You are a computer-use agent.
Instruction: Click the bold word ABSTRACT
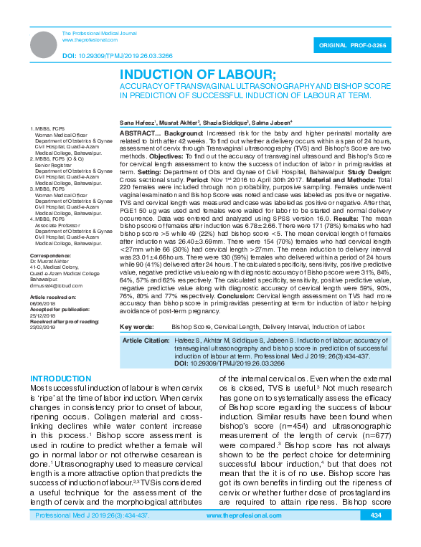pyautogui.click(x=135, y=134)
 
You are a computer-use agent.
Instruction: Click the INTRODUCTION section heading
pyautogui.click(x=60, y=379)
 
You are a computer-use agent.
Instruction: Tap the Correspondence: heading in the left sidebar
pyautogui.click(x=50, y=256)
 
